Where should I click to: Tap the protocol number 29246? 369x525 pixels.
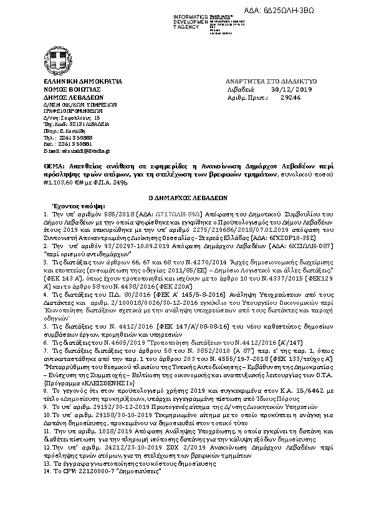pos(290,97)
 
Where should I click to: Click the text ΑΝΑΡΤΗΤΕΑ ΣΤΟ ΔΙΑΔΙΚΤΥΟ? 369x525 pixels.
pos(271,82)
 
